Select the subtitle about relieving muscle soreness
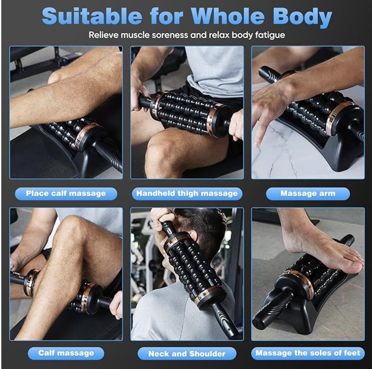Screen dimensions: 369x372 point(186,35)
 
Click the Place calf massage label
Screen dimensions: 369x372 point(66,194)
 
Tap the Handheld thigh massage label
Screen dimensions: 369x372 point(187,194)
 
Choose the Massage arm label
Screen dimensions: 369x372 point(307,194)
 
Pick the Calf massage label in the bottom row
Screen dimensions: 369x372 point(66,353)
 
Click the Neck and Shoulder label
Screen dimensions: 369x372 point(187,354)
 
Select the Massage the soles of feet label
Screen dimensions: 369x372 point(308,353)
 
